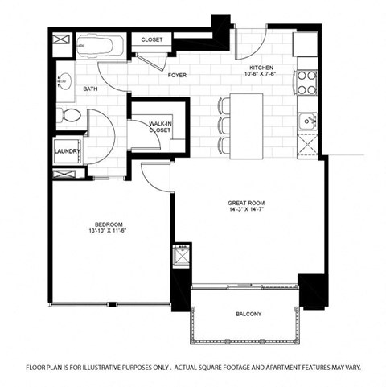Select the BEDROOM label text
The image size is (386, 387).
click(x=108, y=224)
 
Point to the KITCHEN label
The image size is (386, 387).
click(x=262, y=68)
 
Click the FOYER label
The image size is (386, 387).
click(x=178, y=75)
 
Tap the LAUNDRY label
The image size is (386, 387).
click(x=66, y=150)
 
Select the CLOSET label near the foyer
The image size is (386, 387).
click(x=152, y=40)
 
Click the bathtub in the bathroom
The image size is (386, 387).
click(x=101, y=45)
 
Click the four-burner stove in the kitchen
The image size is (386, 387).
click(x=306, y=80)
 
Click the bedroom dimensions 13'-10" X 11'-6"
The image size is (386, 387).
click(x=108, y=232)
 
